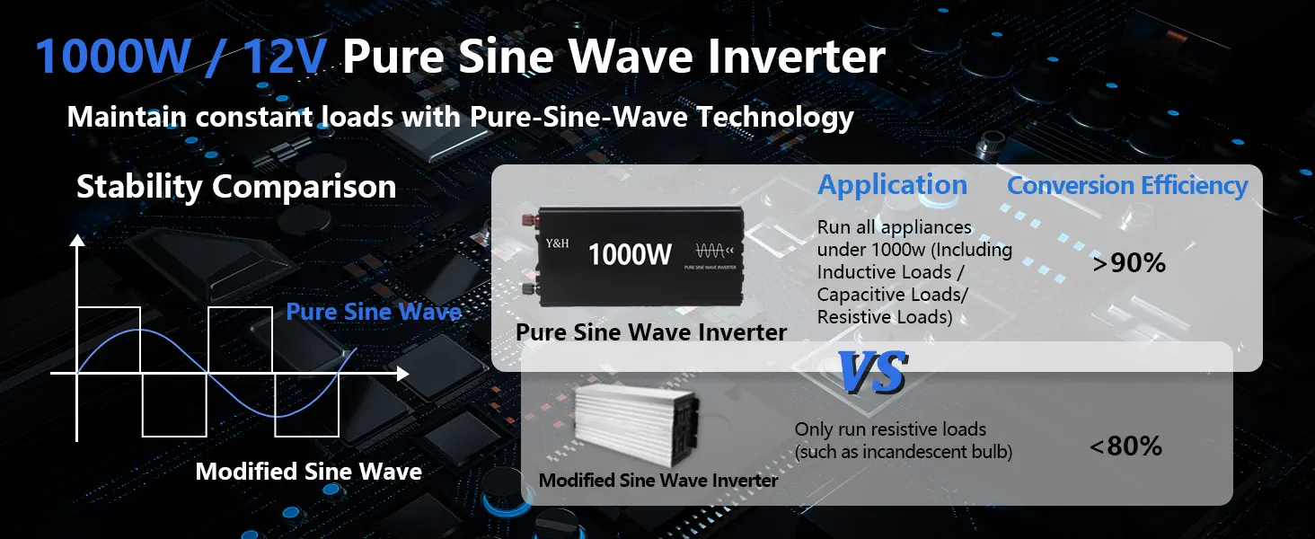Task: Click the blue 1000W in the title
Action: (112, 57)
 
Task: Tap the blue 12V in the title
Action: (284, 57)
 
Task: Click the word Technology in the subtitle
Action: (775, 118)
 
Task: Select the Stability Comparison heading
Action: (236, 187)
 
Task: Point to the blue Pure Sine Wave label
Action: (374, 311)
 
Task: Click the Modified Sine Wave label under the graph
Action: (308, 472)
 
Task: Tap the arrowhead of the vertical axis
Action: (77, 240)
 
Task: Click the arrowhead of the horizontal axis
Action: (402, 374)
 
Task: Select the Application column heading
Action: (892, 186)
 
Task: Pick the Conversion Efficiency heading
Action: (1127, 186)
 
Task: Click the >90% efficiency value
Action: (1129, 263)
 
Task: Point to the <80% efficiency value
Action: (1125, 446)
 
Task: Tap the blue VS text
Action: (873, 372)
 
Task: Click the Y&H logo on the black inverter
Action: (557, 243)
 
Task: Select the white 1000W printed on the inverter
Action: (630, 255)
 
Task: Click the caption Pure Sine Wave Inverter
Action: (651, 332)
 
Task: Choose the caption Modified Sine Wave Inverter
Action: (658, 481)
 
